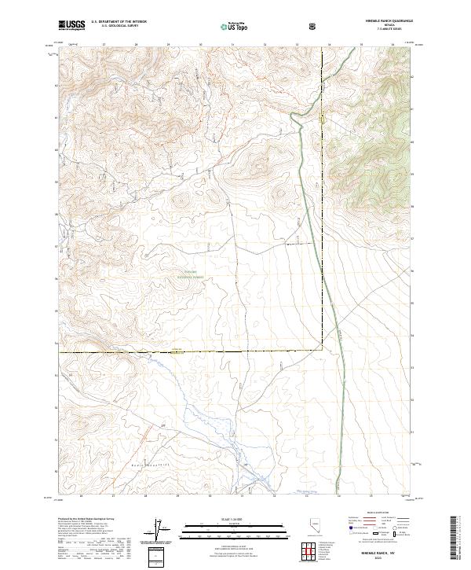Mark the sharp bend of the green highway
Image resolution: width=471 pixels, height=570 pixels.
click(x=293, y=116)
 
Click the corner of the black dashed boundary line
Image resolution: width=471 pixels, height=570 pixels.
click(x=322, y=350)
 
